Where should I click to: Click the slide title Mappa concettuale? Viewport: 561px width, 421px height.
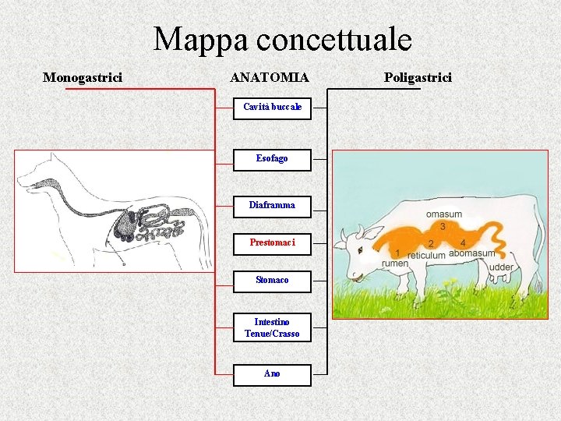point(282,39)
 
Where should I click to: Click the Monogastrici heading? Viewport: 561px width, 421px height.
point(82,77)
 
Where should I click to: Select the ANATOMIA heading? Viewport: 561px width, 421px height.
point(270,77)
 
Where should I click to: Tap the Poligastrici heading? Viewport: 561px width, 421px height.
point(418,77)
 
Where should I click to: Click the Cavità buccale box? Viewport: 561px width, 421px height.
point(272,108)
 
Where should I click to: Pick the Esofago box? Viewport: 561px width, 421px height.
point(272,159)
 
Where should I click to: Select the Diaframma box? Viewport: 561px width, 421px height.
point(272,206)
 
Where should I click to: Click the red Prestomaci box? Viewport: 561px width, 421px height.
point(272,243)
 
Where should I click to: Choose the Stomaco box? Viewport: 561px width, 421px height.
point(272,281)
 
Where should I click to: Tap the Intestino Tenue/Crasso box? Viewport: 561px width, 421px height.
point(272,328)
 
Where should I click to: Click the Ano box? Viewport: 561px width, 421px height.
point(272,375)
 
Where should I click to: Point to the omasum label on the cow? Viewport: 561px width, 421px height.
point(443,214)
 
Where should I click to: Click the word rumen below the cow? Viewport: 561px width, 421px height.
point(394,264)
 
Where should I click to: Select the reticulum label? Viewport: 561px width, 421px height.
point(426,255)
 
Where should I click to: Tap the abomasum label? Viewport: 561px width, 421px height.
point(471,253)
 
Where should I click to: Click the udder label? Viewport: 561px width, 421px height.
point(501,267)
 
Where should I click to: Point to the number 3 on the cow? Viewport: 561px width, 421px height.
point(443,226)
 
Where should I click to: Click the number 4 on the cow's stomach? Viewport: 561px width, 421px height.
point(463,243)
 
